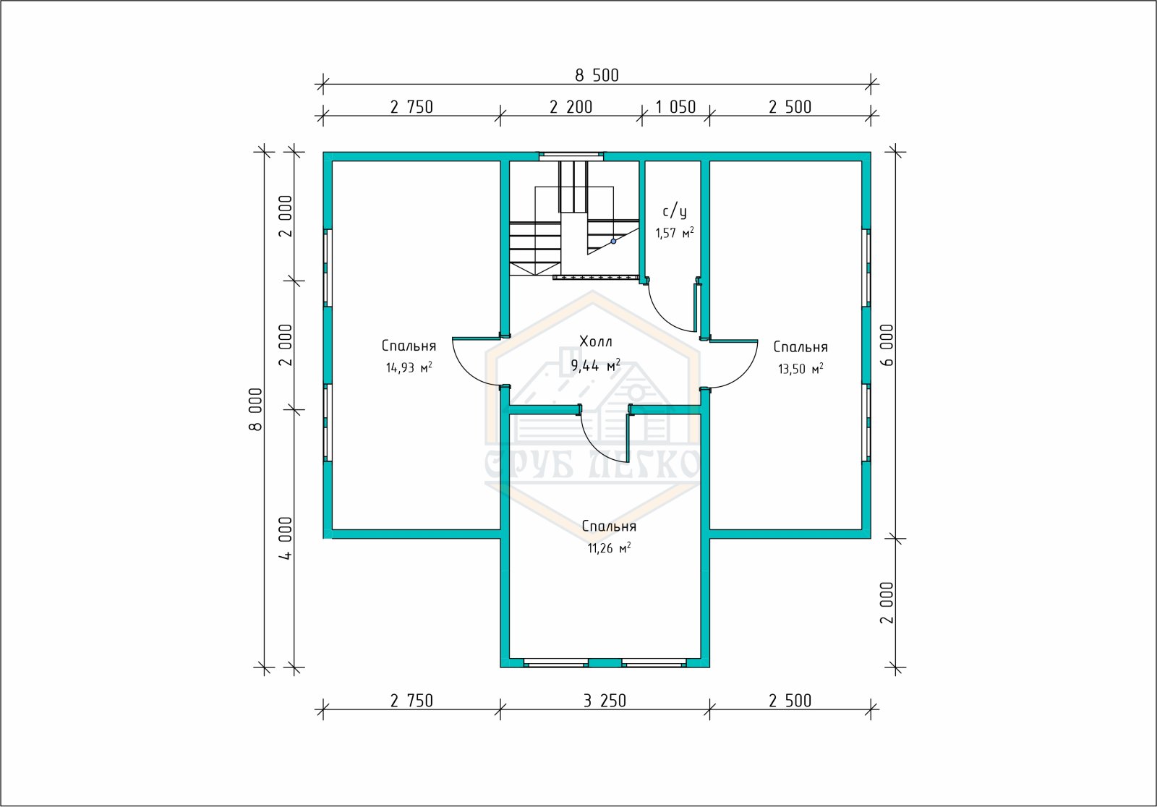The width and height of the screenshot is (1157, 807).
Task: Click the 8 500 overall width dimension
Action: pos(597,75)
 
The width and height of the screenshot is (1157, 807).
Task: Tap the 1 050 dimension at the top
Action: pos(675,107)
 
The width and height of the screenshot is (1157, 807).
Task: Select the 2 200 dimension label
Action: pos(571,107)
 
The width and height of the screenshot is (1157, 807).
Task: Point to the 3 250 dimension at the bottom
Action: pos(605,701)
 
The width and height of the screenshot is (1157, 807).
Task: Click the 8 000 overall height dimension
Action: pos(256,409)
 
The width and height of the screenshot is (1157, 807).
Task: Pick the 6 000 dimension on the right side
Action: pos(887,345)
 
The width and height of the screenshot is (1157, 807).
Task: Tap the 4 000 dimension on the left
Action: pos(285,538)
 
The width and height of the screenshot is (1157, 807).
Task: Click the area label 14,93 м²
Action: pos(409,367)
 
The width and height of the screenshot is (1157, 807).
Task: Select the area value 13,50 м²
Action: pos(800,368)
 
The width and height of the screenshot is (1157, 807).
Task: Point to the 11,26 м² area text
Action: pos(609,547)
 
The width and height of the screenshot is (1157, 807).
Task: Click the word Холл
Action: pos(596,341)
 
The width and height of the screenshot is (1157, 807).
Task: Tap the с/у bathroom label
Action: pos(675,211)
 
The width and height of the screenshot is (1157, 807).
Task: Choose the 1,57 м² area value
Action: pos(675,233)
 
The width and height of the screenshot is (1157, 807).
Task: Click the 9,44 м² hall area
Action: pos(596,365)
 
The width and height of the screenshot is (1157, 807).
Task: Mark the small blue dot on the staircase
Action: pos(614,242)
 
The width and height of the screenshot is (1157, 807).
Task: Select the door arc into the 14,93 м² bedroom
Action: pos(466,372)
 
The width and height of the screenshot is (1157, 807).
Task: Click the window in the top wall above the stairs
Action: pos(571,156)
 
